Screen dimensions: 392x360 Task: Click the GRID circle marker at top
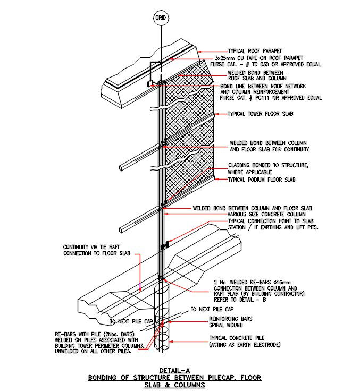[160, 18]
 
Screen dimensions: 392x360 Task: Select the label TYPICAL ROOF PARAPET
[254, 51]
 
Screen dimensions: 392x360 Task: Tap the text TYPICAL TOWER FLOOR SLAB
[261, 114]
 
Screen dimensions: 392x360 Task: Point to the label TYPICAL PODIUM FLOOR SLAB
[261, 180]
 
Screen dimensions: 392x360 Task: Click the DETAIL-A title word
[175, 370]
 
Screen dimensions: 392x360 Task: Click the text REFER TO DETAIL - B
[239, 300]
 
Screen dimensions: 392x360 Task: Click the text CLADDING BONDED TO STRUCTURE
[267, 165]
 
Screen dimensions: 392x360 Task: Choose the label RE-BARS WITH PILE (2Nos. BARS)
[90, 334]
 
